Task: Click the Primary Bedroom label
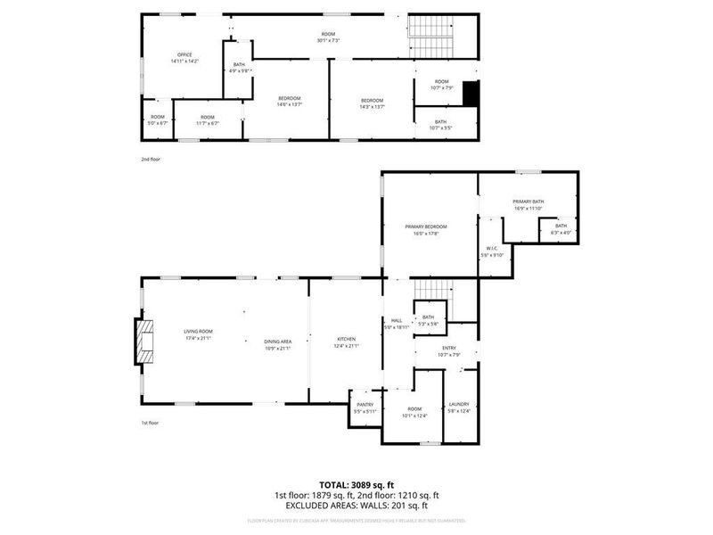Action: click(426, 227)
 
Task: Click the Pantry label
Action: click(365, 407)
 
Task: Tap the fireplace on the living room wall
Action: click(143, 342)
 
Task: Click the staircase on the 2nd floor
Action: click(431, 36)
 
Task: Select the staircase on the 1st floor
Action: click(433, 292)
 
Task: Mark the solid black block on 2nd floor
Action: click(471, 94)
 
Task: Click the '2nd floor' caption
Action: click(151, 159)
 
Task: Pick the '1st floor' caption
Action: click(151, 423)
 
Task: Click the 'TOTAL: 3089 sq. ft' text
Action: click(356, 484)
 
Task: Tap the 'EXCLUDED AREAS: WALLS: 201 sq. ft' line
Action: click(356, 505)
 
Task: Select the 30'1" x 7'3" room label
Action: click(331, 37)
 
